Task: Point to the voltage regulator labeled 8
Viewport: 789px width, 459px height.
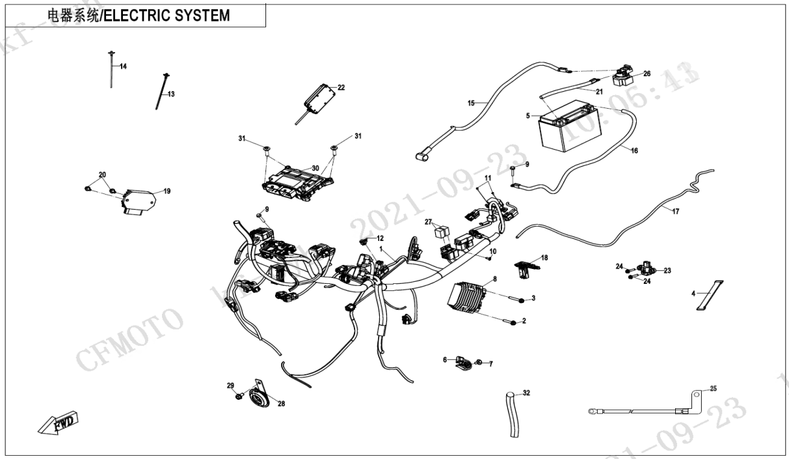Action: pyautogui.click(x=472, y=298)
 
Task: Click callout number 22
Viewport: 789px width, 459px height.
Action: pyautogui.click(x=341, y=87)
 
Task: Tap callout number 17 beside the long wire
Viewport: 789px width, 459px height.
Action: pyautogui.click(x=675, y=212)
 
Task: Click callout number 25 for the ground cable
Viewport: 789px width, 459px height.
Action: pyautogui.click(x=713, y=389)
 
